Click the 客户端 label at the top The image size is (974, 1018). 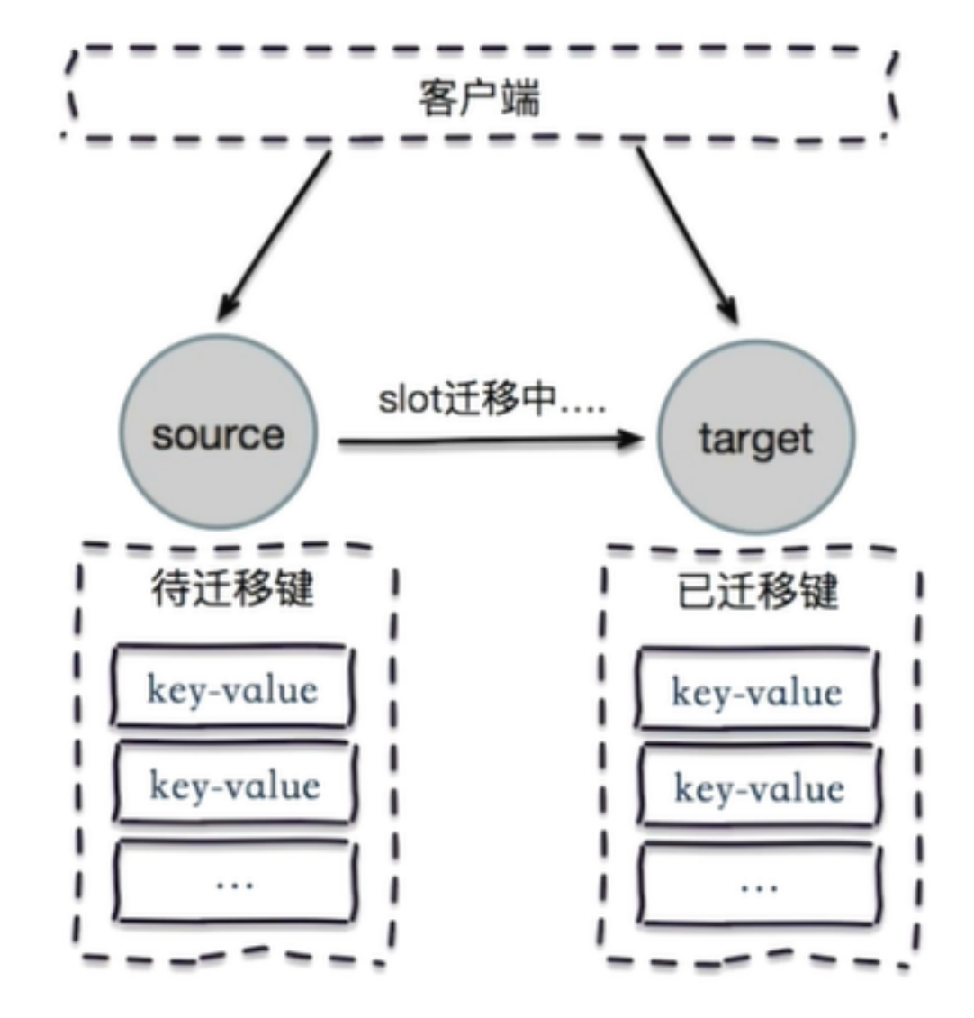tap(479, 98)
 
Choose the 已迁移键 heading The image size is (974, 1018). tap(757, 592)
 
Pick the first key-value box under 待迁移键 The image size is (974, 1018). tap(232, 688)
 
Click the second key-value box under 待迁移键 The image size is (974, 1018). tap(234, 785)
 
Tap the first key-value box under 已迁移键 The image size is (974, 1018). tap(756, 691)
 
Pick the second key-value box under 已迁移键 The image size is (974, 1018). tap(758, 787)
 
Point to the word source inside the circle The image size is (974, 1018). tap(218, 435)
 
